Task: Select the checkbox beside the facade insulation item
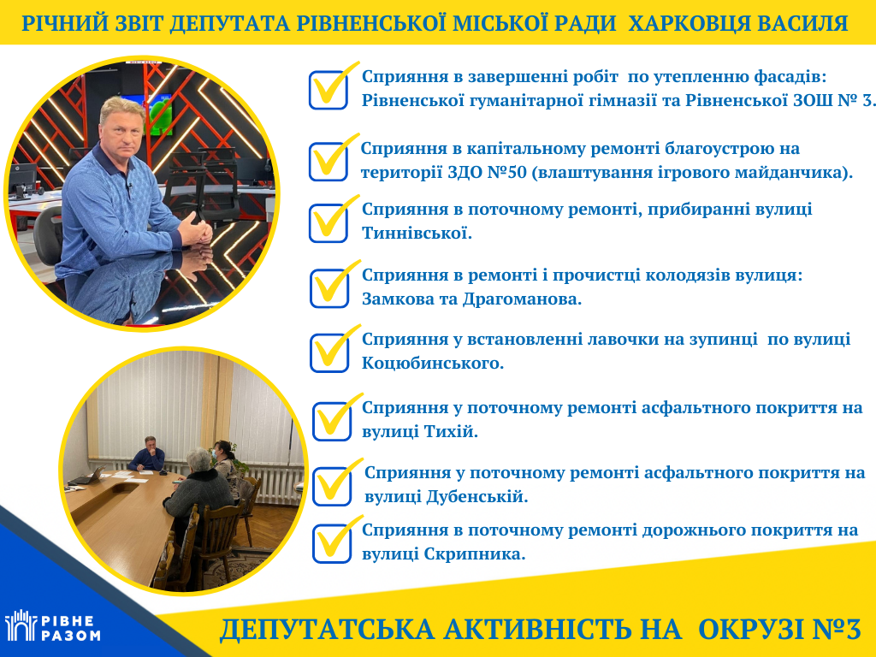point(328,90)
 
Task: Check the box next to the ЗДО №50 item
point(328,162)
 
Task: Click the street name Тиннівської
point(417,233)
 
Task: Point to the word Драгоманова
point(522,299)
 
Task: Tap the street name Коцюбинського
point(432,363)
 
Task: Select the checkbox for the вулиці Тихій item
point(332,421)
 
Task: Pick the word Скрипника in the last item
point(475,553)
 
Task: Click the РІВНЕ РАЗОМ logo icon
point(21,625)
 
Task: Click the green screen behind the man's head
point(159,115)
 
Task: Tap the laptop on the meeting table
point(88,476)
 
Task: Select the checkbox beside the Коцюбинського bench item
point(329,352)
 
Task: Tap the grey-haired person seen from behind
point(198,492)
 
